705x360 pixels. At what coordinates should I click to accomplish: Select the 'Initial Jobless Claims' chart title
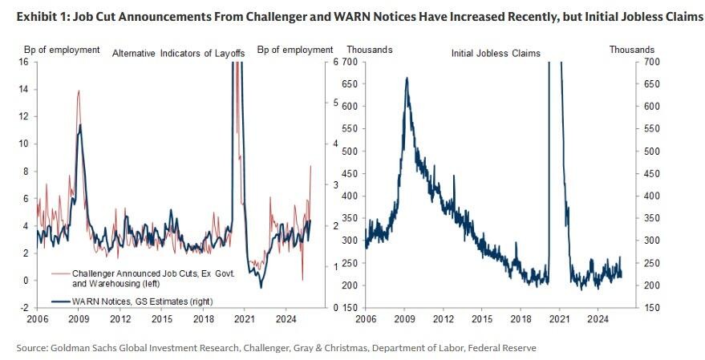click(x=496, y=54)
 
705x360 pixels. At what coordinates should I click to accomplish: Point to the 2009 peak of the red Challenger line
click(x=79, y=91)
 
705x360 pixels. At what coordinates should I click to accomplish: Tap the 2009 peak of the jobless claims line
click(x=407, y=78)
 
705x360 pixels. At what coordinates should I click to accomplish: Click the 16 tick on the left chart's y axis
click(x=23, y=62)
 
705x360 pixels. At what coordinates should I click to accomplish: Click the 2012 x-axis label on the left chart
click(x=121, y=319)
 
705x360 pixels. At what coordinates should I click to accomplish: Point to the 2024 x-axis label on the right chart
click(x=594, y=319)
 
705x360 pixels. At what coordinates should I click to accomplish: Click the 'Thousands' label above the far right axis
click(x=631, y=50)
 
